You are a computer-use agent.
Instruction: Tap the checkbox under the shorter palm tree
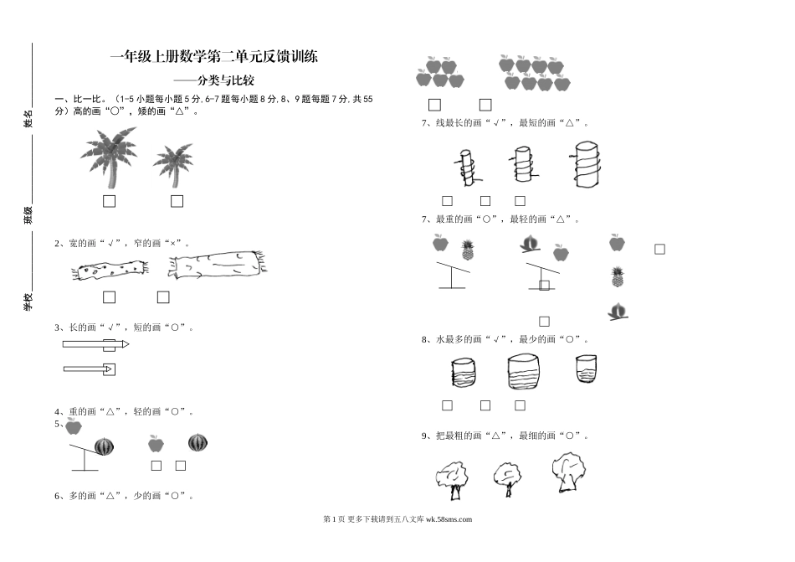pos(177,201)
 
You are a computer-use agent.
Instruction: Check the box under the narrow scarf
pos(109,297)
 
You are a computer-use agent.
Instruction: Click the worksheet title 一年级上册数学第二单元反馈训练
pos(214,58)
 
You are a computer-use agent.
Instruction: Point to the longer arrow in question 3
pos(95,344)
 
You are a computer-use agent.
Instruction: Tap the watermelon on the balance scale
pos(103,446)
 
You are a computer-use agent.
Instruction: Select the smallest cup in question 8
pos(586,369)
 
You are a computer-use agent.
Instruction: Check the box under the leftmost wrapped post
pos(447,201)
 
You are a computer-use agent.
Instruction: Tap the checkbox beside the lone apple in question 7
pos(659,249)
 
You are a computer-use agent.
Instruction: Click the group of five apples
pos(440,73)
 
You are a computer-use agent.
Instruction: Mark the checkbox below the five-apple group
pos(434,105)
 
